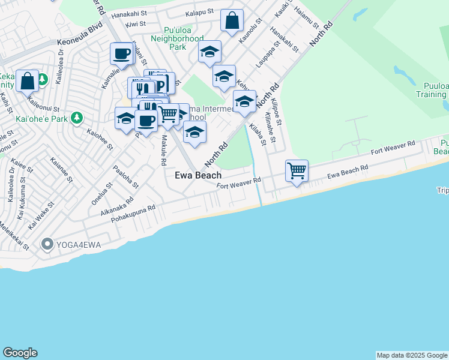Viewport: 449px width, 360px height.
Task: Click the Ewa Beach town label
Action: [x=197, y=175]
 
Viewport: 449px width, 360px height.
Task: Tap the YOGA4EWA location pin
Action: [x=47, y=244]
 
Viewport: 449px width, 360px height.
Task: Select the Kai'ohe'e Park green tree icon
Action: [x=76, y=117]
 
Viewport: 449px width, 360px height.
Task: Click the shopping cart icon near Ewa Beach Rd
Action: [x=297, y=170]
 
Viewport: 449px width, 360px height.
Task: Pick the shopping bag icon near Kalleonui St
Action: [x=28, y=80]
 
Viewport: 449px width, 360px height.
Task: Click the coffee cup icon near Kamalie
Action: [x=121, y=53]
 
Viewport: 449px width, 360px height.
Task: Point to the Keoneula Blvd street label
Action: [x=80, y=35]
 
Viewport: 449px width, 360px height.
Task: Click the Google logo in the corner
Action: [x=20, y=353]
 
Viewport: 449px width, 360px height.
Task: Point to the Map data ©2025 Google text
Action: [x=412, y=355]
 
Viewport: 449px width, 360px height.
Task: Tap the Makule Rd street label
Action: [x=163, y=150]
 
